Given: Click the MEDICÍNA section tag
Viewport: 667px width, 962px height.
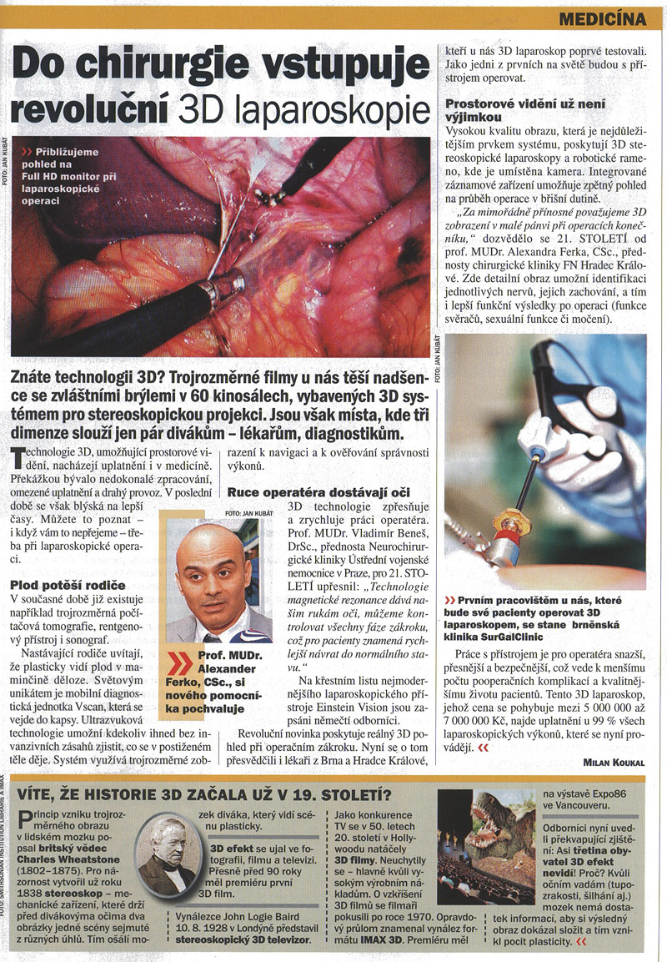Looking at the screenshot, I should pos(602,18).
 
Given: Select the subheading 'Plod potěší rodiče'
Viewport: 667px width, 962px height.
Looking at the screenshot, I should pos(67,585).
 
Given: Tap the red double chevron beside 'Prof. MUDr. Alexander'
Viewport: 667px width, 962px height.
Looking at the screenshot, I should pos(181,663).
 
